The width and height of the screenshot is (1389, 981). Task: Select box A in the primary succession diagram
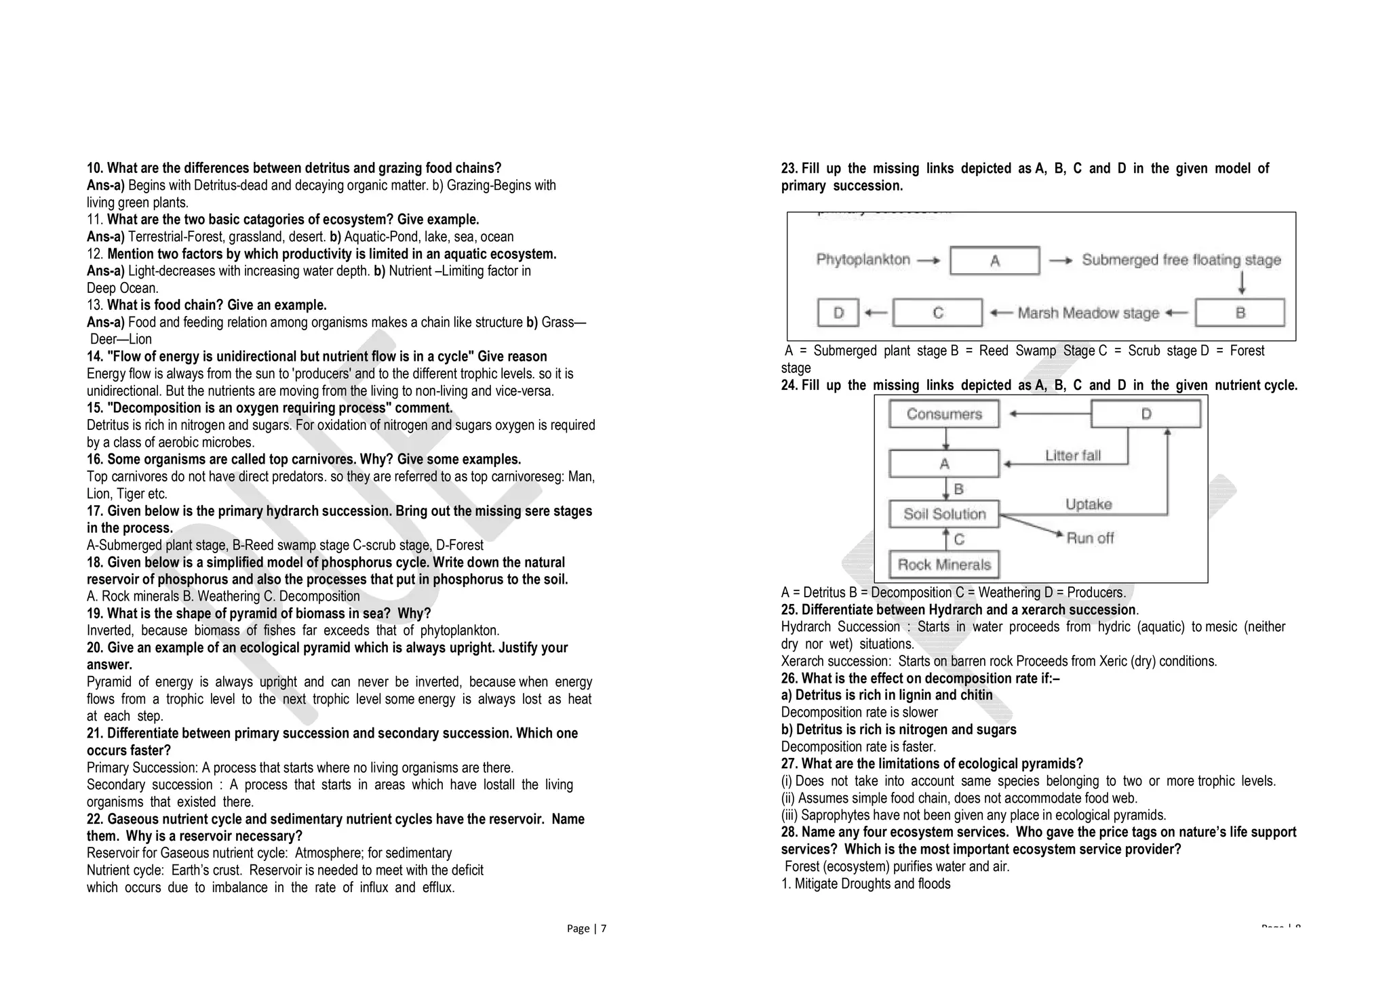[x=994, y=260]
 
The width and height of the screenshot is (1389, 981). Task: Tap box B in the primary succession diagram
[x=1240, y=313]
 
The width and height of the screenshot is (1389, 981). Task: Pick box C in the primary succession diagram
[x=937, y=313]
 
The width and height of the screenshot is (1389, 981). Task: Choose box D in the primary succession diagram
[x=838, y=313]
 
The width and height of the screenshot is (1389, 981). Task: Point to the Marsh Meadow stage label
[x=1088, y=313]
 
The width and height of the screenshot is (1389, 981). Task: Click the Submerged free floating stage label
[x=1181, y=260]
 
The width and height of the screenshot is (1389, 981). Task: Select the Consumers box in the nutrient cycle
[x=944, y=414]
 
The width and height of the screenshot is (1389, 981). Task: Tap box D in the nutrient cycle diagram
[x=1146, y=414]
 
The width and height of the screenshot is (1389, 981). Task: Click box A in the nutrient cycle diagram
[x=944, y=464]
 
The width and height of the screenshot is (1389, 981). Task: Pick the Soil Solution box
[x=944, y=514]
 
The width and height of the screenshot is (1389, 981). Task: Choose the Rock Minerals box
[x=944, y=564]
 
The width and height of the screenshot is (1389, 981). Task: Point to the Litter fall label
[x=1072, y=456]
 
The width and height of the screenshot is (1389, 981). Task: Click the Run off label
[x=1090, y=538]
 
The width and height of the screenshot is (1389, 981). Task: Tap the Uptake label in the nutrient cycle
[x=1089, y=504]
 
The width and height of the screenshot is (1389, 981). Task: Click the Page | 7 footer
[x=587, y=929]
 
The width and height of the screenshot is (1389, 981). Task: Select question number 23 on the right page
[x=789, y=169]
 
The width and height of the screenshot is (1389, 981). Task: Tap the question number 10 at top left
[x=94, y=168]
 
